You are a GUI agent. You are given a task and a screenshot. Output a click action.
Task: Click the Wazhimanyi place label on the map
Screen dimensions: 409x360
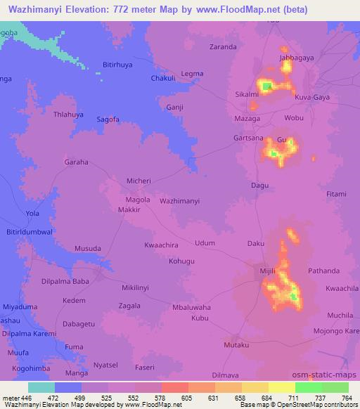(x=180, y=201)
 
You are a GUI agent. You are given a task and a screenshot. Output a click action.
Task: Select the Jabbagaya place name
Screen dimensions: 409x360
(x=296, y=57)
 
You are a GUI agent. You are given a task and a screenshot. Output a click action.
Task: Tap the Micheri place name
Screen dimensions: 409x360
(x=139, y=181)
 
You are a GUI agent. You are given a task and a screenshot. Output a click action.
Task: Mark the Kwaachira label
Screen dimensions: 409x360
(x=162, y=245)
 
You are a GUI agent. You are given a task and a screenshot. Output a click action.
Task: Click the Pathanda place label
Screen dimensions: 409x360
(x=323, y=271)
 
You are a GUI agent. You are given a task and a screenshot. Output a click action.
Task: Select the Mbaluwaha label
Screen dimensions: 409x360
(x=192, y=308)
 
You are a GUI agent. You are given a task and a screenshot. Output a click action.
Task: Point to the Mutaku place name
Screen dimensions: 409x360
(x=236, y=345)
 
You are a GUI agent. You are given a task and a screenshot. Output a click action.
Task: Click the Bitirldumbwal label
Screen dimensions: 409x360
(x=30, y=231)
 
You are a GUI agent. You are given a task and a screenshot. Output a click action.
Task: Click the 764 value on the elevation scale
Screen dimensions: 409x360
(x=346, y=398)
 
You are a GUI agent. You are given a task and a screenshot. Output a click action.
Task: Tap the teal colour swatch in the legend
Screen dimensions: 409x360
(x=41, y=387)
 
